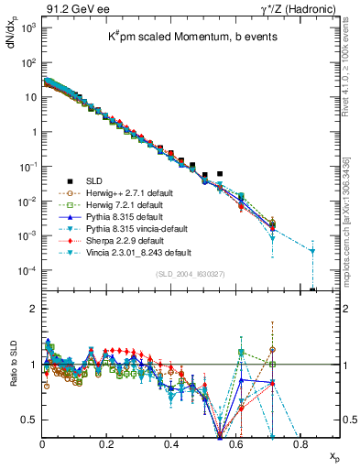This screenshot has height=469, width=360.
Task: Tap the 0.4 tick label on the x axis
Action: pos(171,444)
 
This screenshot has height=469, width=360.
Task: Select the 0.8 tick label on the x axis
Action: pos(300,444)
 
